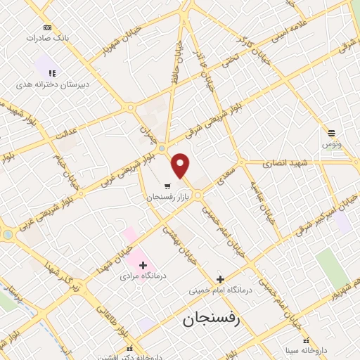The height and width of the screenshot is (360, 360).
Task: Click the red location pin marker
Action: [x=181, y=165]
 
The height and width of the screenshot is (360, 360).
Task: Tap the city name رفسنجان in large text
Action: [x=211, y=320]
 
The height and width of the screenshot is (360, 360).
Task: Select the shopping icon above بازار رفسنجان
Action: [x=167, y=186]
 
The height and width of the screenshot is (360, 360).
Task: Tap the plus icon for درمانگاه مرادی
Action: [x=143, y=265]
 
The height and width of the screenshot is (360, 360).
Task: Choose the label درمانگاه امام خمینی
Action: [x=220, y=289]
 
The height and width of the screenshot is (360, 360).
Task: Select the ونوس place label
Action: [x=332, y=143]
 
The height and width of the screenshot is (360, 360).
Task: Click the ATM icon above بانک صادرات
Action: [x=47, y=27]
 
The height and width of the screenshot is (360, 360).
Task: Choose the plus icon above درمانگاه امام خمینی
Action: [x=220, y=278]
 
